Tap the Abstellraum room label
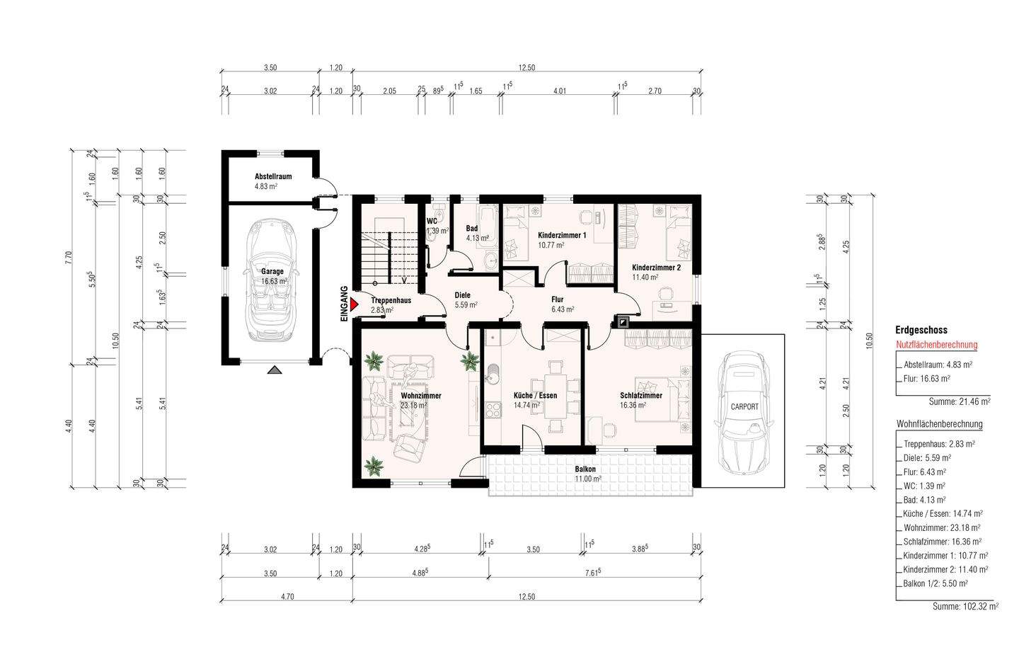tap(273, 176)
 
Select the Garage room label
tap(272, 271)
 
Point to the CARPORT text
tap(744, 406)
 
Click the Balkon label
tap(585, 469)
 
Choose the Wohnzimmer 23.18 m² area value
tap(413, 405)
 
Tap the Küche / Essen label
tap(535, 396)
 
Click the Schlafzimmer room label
tap(641, 396)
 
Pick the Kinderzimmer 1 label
tap(562, 235)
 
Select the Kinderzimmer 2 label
tap(657, 268)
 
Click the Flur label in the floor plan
tap(558, 299)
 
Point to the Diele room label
tap(463, 295)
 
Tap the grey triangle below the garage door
tap(275, 370)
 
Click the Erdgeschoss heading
tap(921, 330)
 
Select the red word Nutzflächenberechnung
tap(937, 345)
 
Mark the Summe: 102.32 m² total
tap(965, 606)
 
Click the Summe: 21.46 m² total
tap(960, 402)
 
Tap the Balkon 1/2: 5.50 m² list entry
tap(935, 583)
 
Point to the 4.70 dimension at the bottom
tap(287, 597)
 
